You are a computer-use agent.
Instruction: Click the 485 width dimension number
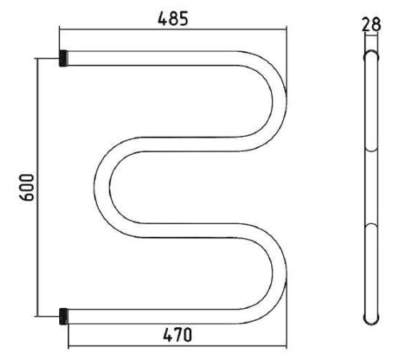[x=173, y=18]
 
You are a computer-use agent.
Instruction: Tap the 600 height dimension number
[x=28, y=187]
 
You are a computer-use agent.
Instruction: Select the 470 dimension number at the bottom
[x=178, y=335]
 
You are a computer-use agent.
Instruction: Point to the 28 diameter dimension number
[x=371, y=25]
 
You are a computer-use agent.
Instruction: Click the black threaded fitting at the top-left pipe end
[x=63, y=58]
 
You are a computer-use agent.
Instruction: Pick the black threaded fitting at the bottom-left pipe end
[x=63, y=317]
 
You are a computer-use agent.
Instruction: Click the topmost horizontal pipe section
[x=152, y=58]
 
